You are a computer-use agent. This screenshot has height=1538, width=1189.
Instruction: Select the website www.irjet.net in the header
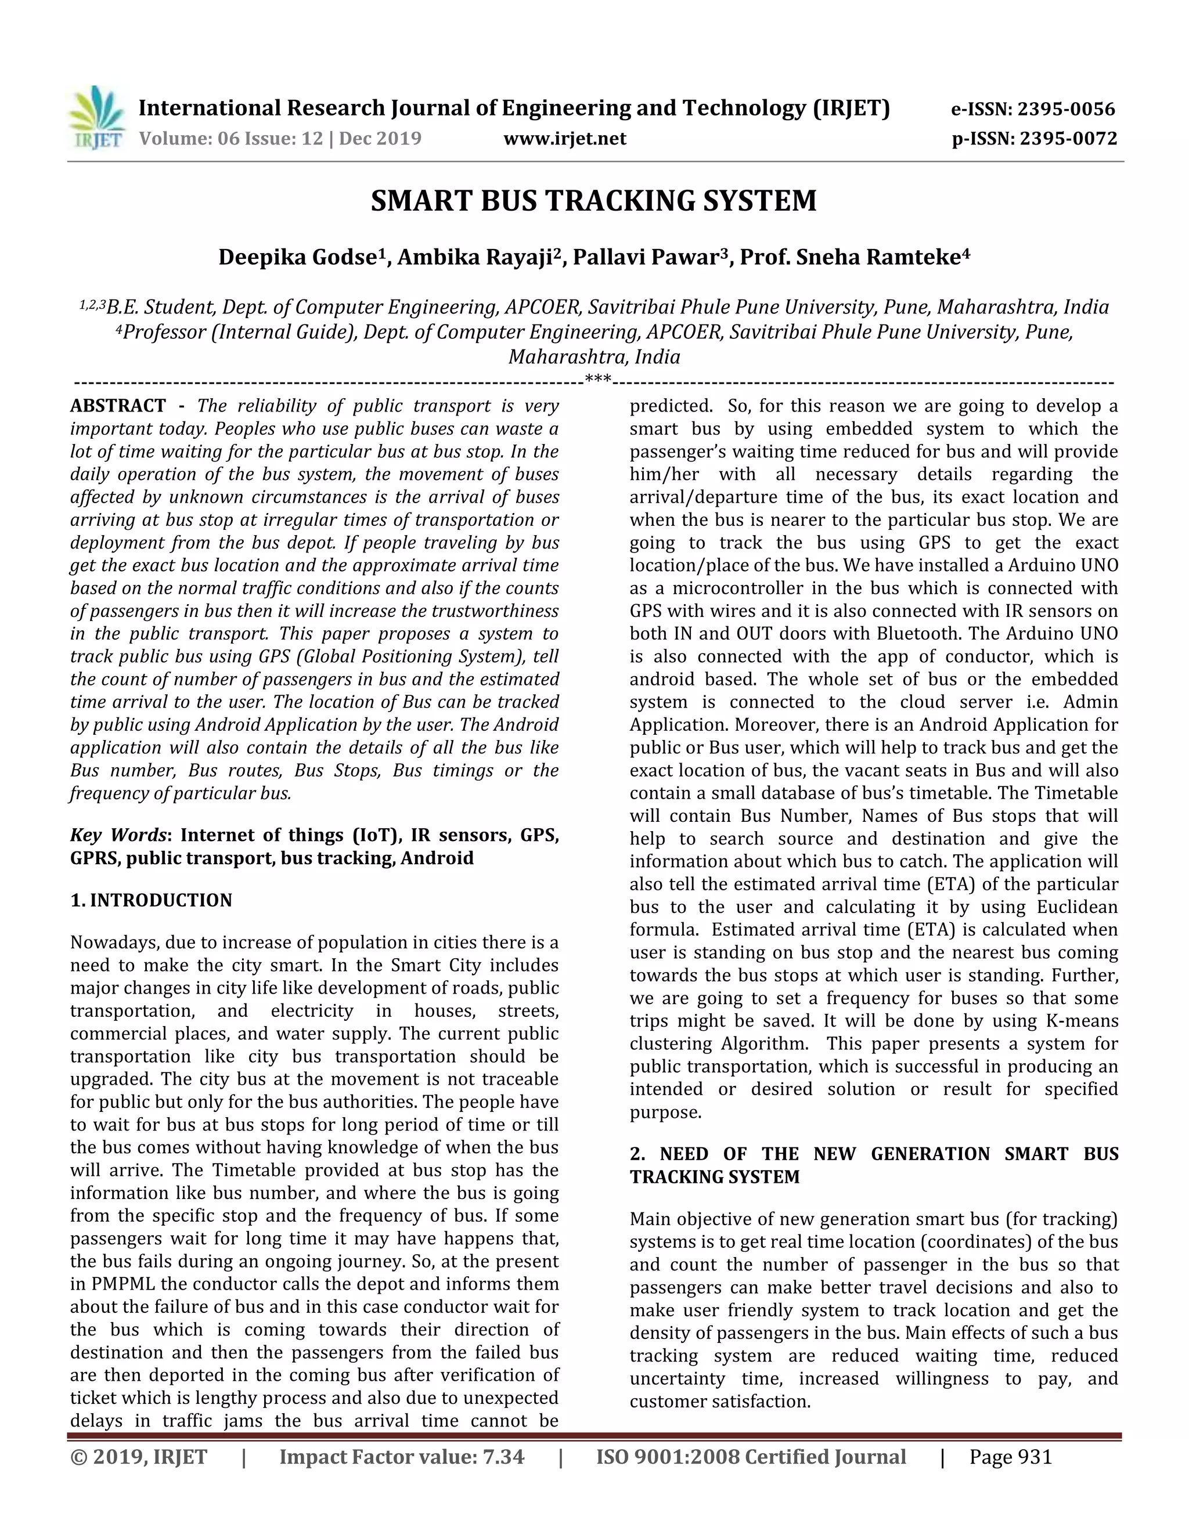[564, 139]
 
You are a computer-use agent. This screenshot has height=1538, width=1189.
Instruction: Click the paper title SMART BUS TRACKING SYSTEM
[593, 201]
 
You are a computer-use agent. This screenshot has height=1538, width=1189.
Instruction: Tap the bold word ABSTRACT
[118, 406]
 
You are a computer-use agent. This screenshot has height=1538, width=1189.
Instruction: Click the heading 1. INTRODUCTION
[151, 901]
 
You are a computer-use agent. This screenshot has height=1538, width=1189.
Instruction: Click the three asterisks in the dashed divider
[597, 381]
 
